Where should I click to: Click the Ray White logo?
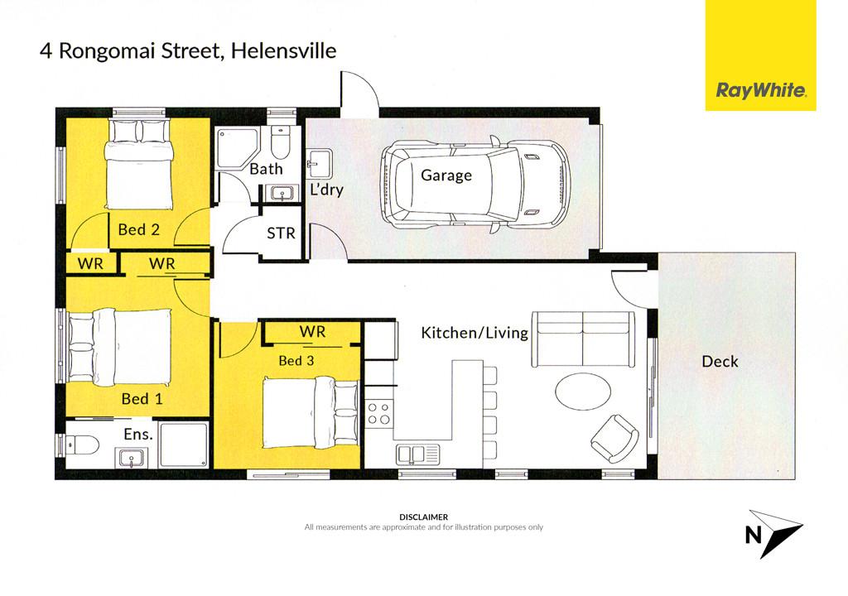[x=760, y=55]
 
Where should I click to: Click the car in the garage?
[x=475, y=185]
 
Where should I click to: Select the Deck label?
[x=720, y=361]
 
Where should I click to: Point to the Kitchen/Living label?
[x=475, y=333]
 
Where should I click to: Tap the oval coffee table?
[x=583, y=392]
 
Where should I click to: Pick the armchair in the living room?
[x=615, y=439]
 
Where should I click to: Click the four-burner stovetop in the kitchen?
[x=378, y=414]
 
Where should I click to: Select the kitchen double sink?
[x=418, y=454]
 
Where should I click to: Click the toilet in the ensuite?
[x=82, y=445]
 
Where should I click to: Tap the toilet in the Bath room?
[x=280, y=141]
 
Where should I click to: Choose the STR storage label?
[x=282, y=233]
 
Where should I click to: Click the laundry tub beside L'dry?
[x=319, y=163]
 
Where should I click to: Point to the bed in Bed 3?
[x=311, y=413]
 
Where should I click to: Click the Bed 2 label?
[x=139, y=230]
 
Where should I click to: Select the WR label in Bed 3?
[x=312, y=332]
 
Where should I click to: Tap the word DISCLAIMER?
[x=423, y=517]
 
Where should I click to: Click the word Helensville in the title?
[x=283, y=50]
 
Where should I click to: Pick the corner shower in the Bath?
[x=233, y=147]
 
